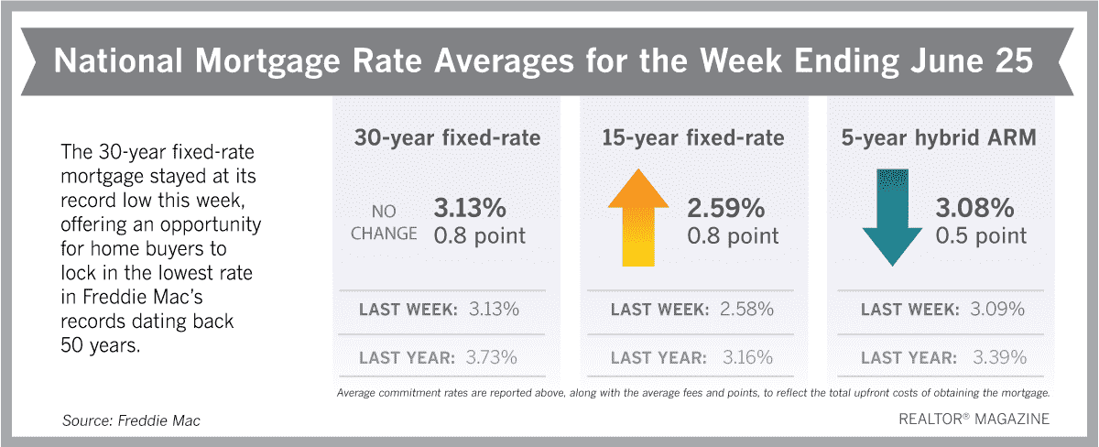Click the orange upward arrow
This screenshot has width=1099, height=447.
click(637, 218)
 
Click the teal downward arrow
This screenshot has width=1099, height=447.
click(892, 218)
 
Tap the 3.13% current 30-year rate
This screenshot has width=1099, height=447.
click(470, 208)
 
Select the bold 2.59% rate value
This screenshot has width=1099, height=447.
click(725, 208)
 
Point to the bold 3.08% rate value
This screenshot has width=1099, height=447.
click(974, 208)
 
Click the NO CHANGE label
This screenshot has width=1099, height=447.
click(384, 223)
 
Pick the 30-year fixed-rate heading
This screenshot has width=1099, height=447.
click(447, 137)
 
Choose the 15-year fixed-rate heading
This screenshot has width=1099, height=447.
click(692, 137)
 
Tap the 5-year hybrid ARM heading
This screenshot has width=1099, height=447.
click(939, 137)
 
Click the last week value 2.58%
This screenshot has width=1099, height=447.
click(746, 309)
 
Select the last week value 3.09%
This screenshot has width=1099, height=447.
click(997, 309)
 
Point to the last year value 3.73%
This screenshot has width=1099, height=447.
click(491, 357)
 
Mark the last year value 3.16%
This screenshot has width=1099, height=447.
click(747, 357)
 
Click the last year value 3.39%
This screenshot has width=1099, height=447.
click(999, 357)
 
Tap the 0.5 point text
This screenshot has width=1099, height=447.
click(981, 235)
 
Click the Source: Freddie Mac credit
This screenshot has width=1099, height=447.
click(131, 420)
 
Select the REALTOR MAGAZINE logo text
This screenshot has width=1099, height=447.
click(974, 419)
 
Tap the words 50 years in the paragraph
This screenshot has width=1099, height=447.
click(101, 345)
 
